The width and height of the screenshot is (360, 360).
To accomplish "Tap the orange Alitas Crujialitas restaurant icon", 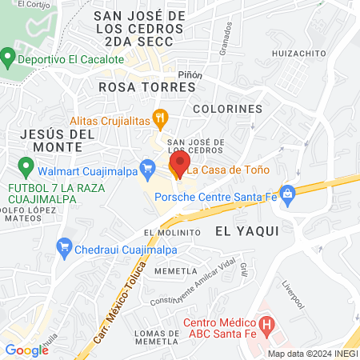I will point(161,119).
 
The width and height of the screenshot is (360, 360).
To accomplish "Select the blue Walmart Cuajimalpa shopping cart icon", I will point(146,168).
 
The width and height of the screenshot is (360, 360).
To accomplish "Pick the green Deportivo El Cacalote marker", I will point(8,58).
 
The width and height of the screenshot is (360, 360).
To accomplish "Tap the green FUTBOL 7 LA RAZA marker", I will point(26,168).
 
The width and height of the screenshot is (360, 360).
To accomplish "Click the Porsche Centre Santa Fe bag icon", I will point(288,193).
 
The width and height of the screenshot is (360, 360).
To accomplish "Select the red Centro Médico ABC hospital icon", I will point(268,327).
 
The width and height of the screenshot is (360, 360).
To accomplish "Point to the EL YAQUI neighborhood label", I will point(246,230).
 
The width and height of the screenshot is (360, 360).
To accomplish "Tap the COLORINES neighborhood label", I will point(227,108).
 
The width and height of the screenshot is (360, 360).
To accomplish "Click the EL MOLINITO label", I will point(171,232).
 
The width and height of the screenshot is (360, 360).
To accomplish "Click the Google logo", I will point(26,350).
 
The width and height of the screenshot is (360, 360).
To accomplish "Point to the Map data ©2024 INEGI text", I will point(312,354).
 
